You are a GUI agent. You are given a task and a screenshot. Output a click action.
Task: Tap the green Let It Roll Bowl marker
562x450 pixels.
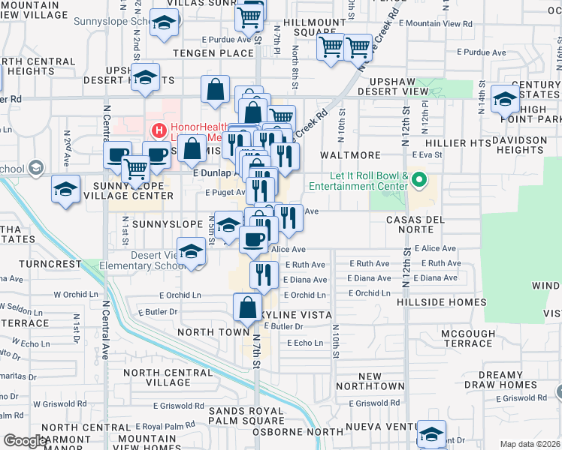coord(420,180)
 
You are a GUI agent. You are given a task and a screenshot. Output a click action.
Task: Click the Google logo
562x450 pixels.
coord(24,441)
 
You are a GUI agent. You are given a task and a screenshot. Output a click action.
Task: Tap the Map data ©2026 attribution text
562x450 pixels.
coord(530,444)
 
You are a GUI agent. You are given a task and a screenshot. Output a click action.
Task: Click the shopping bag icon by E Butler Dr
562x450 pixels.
coord(248,307)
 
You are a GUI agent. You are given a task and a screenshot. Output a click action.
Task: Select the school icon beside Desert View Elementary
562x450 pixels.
coord(192,252)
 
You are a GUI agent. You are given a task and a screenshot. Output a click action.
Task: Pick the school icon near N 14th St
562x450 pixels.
coord(505,99)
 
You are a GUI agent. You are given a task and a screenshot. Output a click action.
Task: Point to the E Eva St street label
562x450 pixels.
coord(425,155)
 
